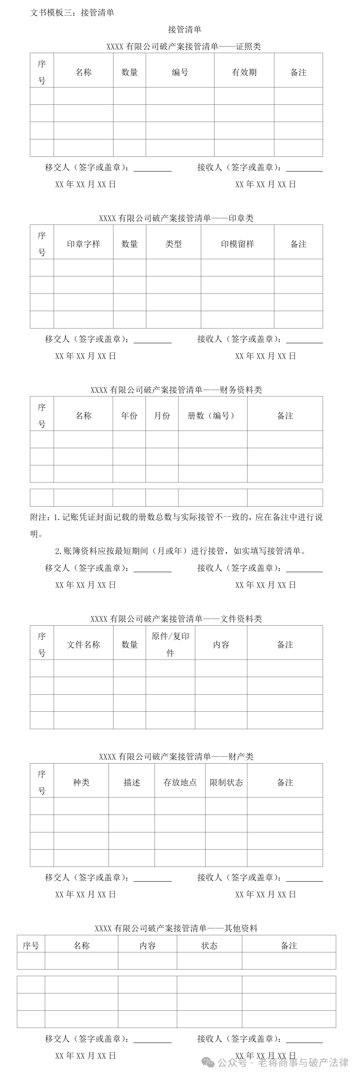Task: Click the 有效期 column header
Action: click(x=244, y=72)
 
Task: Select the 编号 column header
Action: click(x=180, y=72)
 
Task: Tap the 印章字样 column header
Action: click(x=83, y=244)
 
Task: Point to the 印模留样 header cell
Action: click(x=237, y=244)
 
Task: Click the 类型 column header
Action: click(x=173, y=244)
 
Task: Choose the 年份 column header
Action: click(x=129, y=415)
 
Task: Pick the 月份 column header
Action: click(x=162, y=415)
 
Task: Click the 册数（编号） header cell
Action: click(x=212, y=415)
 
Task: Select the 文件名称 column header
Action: click(x=83, y=644)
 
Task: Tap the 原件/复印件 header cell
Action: click(x=170, y=644)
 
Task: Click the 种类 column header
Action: click(x=81, y=782)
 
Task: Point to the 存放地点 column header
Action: click(x=180, y=782)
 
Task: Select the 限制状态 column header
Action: click(x=226, y=782)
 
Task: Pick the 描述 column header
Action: click(x=132, y=782)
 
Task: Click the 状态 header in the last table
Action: click(x=209, y=945)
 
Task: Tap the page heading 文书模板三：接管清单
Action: click(x=72, y=12)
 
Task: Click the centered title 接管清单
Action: click(x=184, y=29)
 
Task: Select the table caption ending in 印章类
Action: click(x=176, y=218)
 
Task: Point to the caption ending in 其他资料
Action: click(x=176, y=928)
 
